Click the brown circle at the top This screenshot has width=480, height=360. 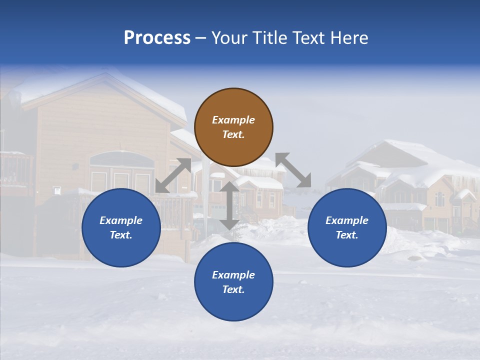[233, 127]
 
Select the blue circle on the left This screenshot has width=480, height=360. [121, 227]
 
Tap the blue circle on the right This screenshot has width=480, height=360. [347, 227]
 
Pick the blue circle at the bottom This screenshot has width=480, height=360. [233, 281]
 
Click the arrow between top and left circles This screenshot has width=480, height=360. [173, 175]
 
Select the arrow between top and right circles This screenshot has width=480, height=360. [293, 170]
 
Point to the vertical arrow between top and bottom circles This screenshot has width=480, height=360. [229, 205]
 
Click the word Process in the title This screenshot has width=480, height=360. [157, 37]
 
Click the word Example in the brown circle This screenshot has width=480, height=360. [233, 120]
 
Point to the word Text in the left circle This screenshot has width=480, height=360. [121, 235]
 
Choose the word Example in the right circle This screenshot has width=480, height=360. [347, 220]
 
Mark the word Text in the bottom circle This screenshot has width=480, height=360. [233, 289]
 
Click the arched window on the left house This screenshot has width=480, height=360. [121, 159]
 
